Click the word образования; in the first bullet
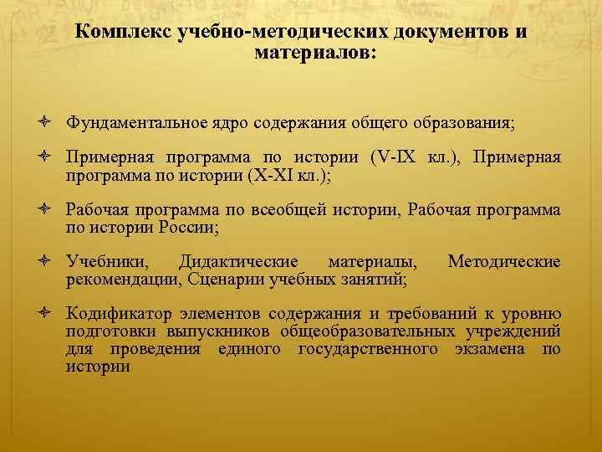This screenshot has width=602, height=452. click(x=462, y=124)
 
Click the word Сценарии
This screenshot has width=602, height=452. click(x=222, y=280)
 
